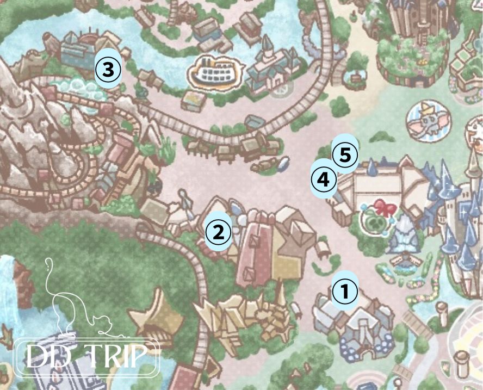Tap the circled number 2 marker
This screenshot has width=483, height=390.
[x=218, y=232]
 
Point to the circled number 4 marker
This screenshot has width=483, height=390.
[x=324, y=178]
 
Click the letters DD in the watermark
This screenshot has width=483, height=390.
[x=46, y=357]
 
